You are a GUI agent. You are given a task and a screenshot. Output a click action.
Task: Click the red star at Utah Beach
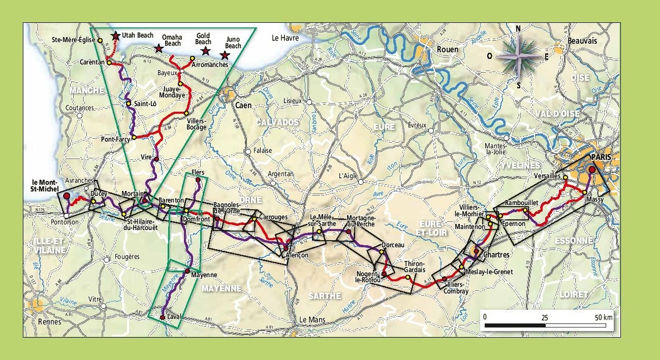[x=116, y=36]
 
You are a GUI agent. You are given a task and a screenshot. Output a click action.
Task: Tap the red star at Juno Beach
[x=225, y=55]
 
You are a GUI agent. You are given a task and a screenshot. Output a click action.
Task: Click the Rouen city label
[x=447, y=49]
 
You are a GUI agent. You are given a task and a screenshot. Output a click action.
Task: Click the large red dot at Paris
[x=592, y=170]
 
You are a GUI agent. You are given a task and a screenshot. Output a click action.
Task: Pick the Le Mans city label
[x=312, y=320]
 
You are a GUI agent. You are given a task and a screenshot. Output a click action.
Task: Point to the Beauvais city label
[x=582, y=41]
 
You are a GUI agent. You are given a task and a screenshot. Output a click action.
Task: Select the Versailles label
[x=547, y=176]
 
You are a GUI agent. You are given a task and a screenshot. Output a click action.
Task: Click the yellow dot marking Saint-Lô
[x=129, y=104]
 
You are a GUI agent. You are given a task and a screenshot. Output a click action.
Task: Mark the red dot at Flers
[x=198, y=180]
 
